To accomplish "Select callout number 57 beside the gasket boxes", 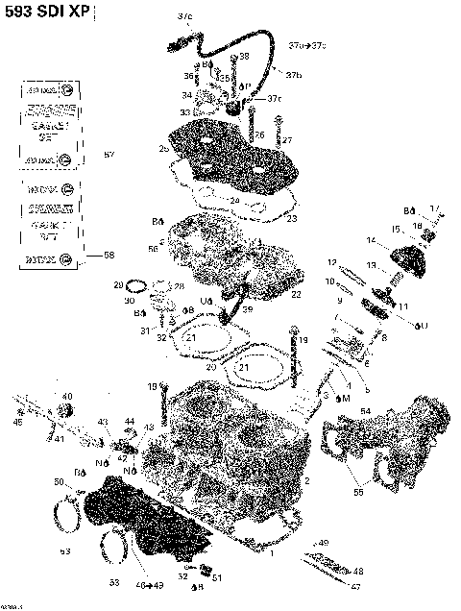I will point(109,155).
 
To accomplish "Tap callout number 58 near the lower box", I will point(109,256).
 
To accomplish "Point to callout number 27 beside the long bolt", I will point(286,140).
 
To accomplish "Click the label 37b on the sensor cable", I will point(294,75).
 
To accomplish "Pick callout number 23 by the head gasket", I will point(292,219).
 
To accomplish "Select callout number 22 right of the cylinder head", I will point(297,294).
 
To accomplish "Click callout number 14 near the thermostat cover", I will point(371,239).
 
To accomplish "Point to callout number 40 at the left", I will point(66,396).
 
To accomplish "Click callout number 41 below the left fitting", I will point(59,439).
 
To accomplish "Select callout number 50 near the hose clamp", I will point(58,481).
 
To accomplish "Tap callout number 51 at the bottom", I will point(217,577).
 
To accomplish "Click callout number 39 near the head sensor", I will point(247,309).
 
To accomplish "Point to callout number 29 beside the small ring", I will point(119,285).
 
